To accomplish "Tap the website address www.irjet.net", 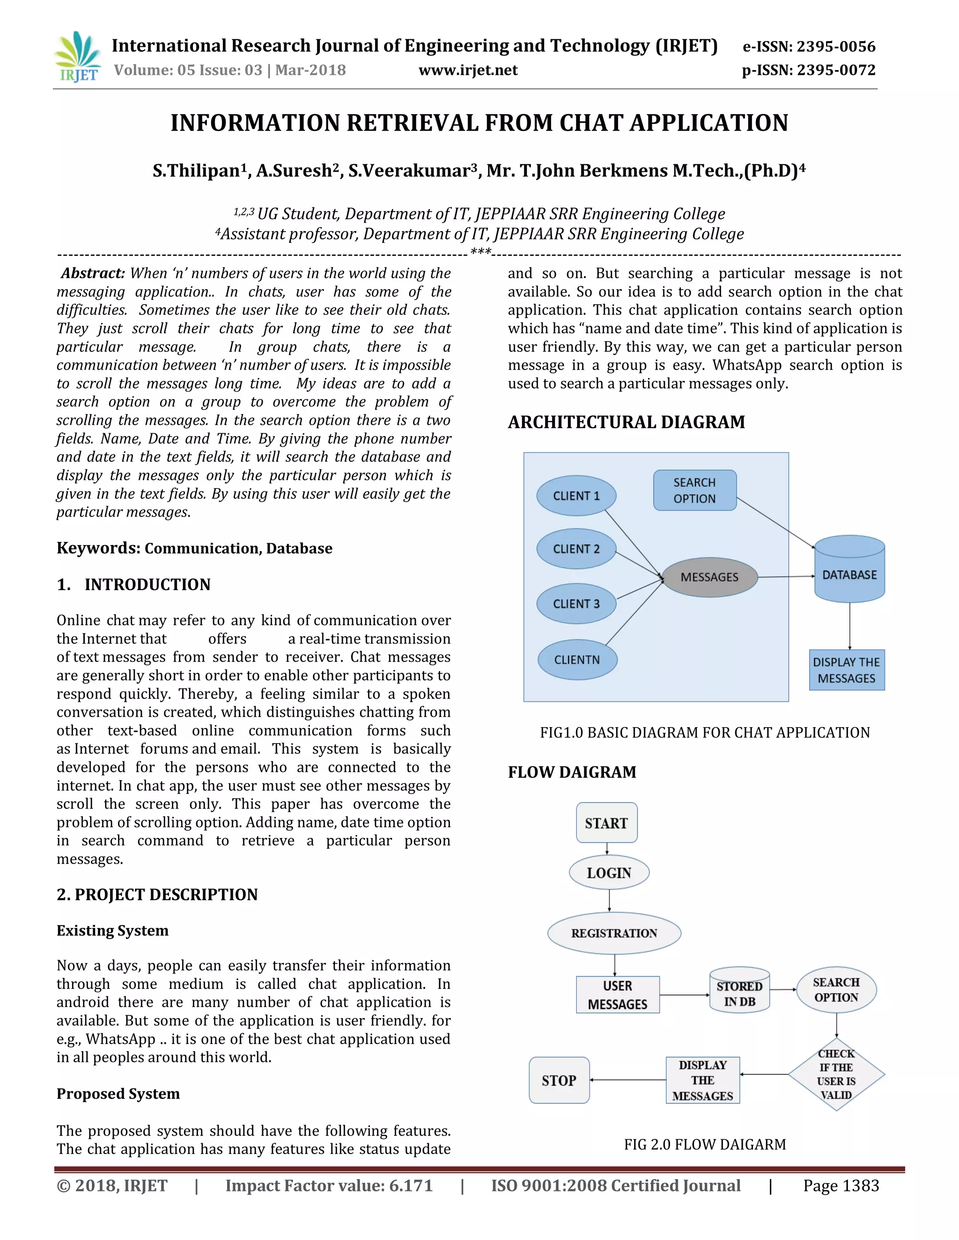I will pos(468,70).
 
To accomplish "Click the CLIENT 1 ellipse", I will pos(576,496).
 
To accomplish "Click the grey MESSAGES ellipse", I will pos(709,577).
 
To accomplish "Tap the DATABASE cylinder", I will pos(849,570).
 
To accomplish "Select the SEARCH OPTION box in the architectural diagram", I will pos(694,490).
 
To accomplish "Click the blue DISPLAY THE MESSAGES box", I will pos(847,670).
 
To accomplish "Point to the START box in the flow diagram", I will pos(606,823).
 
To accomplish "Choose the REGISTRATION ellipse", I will pos(614,933).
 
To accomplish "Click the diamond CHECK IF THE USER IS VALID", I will pos(836,1073).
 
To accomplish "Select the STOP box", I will pos(559,1080).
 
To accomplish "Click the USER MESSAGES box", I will pos(618,995).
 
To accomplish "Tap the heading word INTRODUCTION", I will pos(147,584).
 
